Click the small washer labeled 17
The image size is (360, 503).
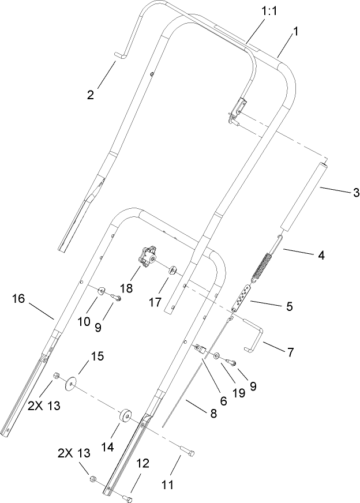pyautogui.click(x=172, y=269)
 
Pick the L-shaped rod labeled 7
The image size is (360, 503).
pyautogui.click(x=254, y=335)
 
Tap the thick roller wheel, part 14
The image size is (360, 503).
pyautogui.click(x=125, y=417)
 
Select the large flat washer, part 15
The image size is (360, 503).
pyautogui.click(x=72, y=384)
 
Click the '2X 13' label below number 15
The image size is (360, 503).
pyautogui.click(x=43, y=405)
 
